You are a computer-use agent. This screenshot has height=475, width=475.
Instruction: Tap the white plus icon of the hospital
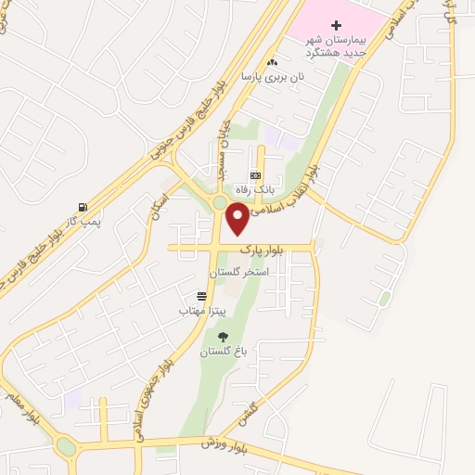[x=336, y=21]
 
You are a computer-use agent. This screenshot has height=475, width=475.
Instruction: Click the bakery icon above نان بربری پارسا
[x=271, y=62]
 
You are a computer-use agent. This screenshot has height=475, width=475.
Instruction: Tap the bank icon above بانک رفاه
[x=255, y=175]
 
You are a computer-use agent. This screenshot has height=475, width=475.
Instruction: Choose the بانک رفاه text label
[x=255, y=190]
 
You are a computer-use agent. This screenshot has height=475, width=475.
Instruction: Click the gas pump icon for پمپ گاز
[x=84, y=207]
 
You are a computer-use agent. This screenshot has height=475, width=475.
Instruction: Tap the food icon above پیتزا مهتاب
[x=201, y=296]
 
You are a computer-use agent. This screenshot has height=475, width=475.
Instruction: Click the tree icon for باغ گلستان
[x=223, y=337]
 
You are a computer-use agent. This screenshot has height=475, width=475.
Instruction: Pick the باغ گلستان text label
[x=225, y=353]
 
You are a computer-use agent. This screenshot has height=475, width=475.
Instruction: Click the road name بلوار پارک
[x=260, y=250]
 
